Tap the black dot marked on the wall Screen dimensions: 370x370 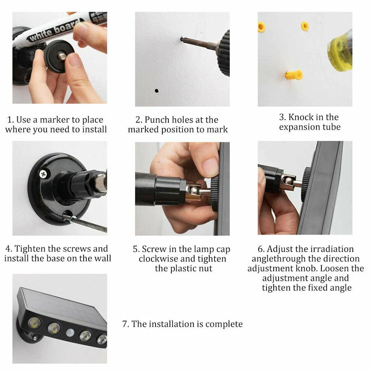[x=157, y=90]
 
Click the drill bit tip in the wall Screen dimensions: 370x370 [x=182, y=38]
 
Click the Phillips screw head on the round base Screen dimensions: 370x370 [x=43, y=174]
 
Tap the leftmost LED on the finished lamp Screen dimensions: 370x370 [x=35, y=323]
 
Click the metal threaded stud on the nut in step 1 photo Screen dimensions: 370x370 [x=62, y=56]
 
